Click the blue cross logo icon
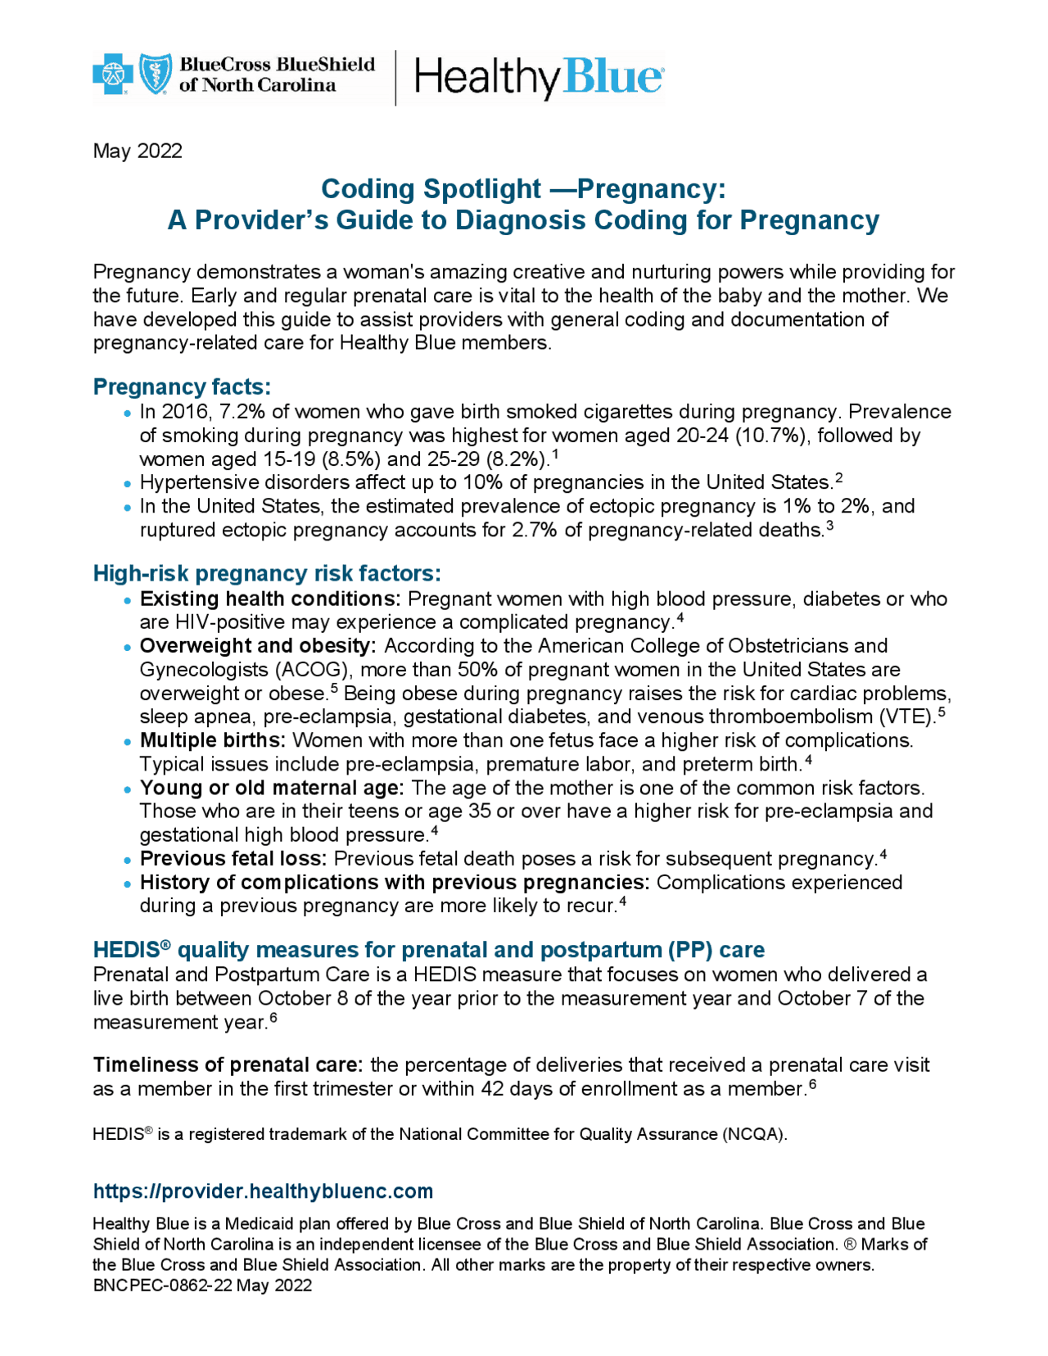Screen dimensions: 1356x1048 click(x=113, y=75)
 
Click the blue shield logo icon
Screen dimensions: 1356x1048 click(x=156, y=75)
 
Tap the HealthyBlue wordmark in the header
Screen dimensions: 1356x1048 click(x=539, y=78)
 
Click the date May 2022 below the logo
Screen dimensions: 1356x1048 click(x=138, y=151)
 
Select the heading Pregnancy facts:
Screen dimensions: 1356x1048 click(x=182, y=386)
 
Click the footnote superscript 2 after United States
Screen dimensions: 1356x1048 click(x=838, y=478)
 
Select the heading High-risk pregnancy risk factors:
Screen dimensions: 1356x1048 click(x=267, y=573)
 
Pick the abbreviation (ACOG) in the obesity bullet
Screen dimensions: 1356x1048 click(x=314, y=669)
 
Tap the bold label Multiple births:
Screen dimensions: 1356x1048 click(x=213, y=740)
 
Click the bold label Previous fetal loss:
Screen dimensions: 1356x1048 click(x=233, y=858)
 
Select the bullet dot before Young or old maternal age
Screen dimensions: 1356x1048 click(x=127, y=790)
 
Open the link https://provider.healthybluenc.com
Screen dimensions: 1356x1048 click(x=263, y=1191)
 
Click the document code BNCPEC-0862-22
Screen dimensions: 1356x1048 click(x=163, y=1285)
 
